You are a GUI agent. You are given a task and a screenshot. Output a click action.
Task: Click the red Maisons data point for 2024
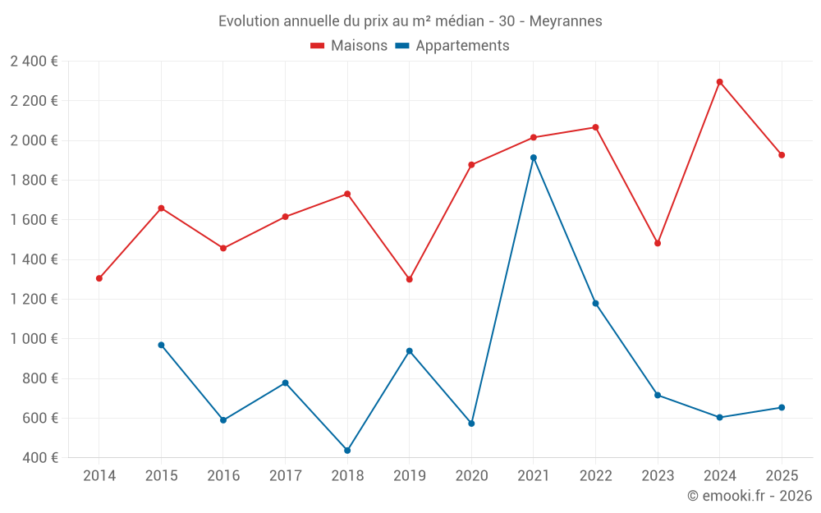click(x=719, y=82)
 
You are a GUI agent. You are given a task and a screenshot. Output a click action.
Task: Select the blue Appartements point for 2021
click(x=534, y=158)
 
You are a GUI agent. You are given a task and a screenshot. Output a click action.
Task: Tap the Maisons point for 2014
click(x=99, y=278)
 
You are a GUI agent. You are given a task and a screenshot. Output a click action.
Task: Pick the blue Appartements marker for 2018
click(x=347, y=451)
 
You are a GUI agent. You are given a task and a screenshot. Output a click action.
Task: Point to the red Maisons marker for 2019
click(x=410, y=279)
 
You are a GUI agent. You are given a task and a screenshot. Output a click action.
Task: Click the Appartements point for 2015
click(x=161, y=345)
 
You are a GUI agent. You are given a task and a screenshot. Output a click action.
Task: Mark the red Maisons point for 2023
click(x=658, y=243)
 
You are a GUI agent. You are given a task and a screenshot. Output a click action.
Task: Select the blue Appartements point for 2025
click(x=782, y=407)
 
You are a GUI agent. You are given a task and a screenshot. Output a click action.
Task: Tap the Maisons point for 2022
click(x=595, y=127)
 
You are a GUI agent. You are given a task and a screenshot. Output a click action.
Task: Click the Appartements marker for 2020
click(x=471, y=424)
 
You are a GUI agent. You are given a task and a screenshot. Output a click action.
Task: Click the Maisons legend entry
click(x=349, y=46)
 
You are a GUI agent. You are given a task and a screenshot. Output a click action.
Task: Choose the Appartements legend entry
click(x=452, y=46)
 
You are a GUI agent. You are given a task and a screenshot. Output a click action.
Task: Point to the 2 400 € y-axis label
click(x=34, y=62)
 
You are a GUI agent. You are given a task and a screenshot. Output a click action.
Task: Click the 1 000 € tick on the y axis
click(x=34, y=339)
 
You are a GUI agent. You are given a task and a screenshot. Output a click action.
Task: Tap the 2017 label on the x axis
click(x=285, y=475)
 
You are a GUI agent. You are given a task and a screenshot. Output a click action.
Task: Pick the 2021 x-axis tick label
click(x=534, y=475)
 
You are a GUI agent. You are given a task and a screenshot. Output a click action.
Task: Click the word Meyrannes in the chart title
click(x=566, y=21)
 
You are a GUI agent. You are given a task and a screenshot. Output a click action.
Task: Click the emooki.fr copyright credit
click(x=749, y=496)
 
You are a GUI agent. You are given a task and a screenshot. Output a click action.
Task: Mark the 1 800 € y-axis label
click(x=34, y=181)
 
